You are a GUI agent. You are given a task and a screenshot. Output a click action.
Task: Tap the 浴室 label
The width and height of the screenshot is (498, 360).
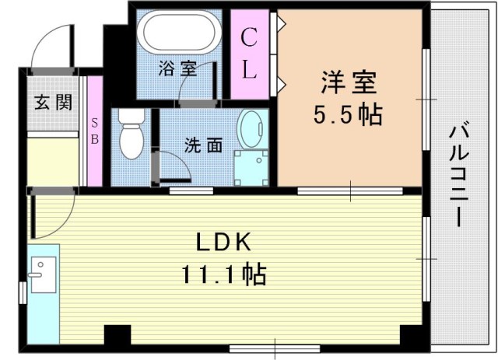(x=177, y=68)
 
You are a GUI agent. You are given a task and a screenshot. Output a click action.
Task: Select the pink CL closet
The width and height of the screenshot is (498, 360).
(x=248, y=54)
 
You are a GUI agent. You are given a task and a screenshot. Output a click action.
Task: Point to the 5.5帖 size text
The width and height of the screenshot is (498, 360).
(x=348, y=115)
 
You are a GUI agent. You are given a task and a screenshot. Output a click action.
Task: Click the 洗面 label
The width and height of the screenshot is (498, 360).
(x=203, y=145)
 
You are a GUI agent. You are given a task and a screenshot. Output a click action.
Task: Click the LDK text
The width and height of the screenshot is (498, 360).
(x=223, y=242)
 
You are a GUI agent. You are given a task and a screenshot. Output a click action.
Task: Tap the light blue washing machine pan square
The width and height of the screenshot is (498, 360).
(x=251, y=166)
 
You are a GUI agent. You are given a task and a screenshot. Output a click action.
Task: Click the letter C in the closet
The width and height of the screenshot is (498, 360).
(x=248, y=36)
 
